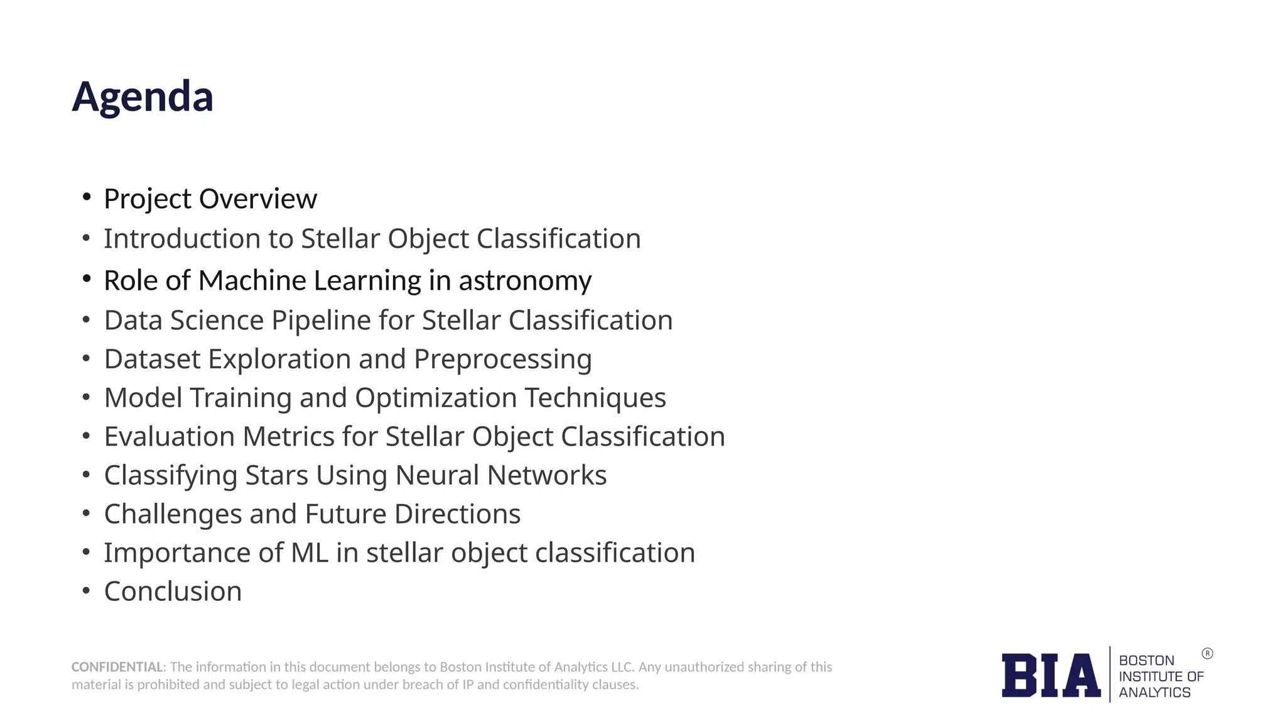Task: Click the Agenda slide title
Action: pos(143,97)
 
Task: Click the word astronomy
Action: pos(525,281)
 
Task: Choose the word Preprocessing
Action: pos(502,359)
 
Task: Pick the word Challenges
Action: pos(173,514)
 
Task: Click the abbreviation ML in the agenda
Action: pos(310,553)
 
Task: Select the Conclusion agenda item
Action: pos(173,592)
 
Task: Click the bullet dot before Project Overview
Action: pos(87,197)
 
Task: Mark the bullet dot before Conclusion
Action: pos(87,591)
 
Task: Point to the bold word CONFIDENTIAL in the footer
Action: pos(117,667)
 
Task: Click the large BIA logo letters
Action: pos(1051,676)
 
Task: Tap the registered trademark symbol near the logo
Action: pos(1207,654)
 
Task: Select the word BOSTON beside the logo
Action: pos(1146,661)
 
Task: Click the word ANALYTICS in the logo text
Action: pos(1154,693)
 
